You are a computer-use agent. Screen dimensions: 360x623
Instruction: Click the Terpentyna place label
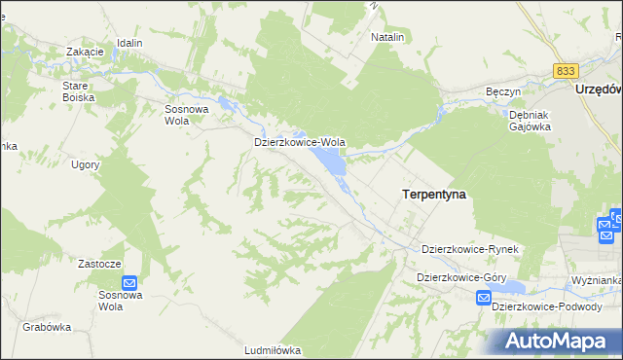click(x=433, y=195)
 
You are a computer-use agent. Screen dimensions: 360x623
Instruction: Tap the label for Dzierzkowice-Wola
click(x=300, y=141)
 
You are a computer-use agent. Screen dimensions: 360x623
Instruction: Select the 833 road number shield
click(x=565, y=71)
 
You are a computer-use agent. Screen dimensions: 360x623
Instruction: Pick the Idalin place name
click(x=129, y=43)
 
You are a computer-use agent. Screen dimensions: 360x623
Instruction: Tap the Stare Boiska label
click(x=76, y=91)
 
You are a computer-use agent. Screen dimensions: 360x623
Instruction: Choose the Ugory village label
click(x=86, y=164)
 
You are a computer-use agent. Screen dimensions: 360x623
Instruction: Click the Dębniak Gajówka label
click(x=531, y=120)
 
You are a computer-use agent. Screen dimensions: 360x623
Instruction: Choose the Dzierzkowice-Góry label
click(x=461, y=277)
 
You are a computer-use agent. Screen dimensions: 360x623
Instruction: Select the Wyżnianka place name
click(x=597, y=280)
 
